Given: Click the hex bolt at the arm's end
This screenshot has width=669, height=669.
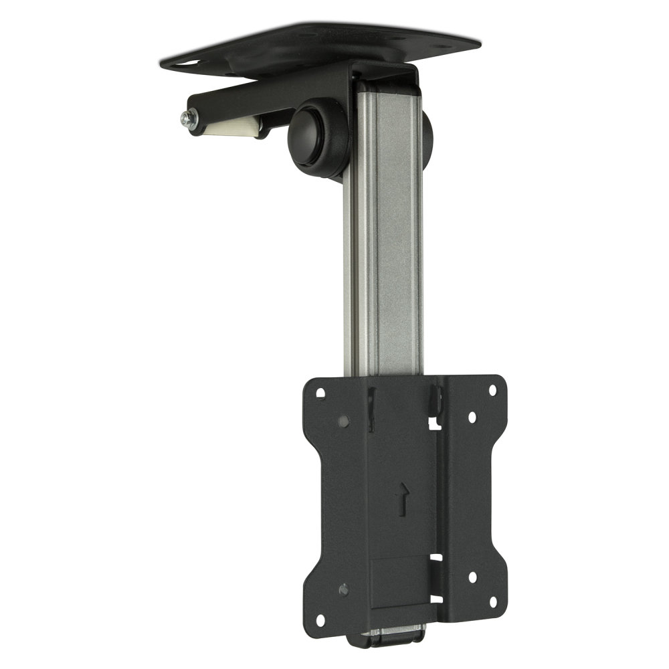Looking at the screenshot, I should click(x=185, y=118).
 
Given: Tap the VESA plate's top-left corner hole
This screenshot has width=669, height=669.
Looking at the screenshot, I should click(x=320, y=393).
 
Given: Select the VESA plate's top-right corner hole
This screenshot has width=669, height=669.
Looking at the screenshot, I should click(x=493, y=389).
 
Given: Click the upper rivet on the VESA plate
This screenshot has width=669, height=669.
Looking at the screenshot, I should click(x=343, y=421).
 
